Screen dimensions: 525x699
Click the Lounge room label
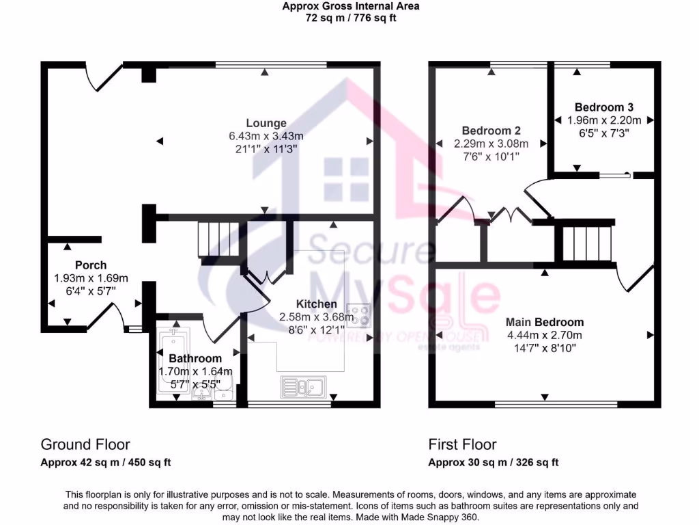click(266, 123)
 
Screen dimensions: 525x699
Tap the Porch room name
click(91, 265)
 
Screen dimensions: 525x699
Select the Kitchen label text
click(316, 304)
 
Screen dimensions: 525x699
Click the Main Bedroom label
click(544, 322)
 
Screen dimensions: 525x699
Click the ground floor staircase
click(218, 239)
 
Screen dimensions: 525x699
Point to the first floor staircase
click(584, 244)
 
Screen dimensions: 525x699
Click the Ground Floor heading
click(85, 445)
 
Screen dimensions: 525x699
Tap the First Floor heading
click(462, 445)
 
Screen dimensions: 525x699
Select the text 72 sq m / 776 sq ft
click(351, 18)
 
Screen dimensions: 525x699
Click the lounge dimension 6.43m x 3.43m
click(266, 136)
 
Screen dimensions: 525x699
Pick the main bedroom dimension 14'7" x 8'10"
click(544, 347)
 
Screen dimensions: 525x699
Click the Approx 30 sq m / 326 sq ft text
click(493, 462)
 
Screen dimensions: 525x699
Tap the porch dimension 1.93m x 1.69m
click(91, 278)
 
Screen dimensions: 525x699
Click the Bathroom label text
click(195, 359)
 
